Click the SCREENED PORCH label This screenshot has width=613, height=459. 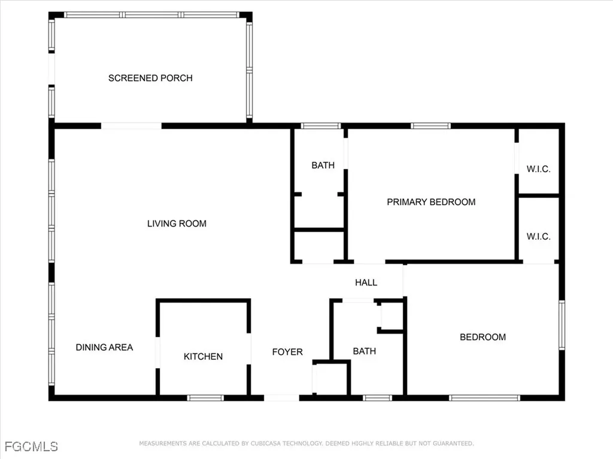tap(150, 78)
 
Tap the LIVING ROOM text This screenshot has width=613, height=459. tap(177, 224)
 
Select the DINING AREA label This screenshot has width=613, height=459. tap(104, 347)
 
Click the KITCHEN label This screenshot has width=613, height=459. tap(203, 356)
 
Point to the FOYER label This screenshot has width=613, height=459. tap(287, 352)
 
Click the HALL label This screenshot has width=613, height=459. tap(366, 282)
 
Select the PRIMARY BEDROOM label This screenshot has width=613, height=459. tap(431, 202)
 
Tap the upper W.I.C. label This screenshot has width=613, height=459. tap(538, 169)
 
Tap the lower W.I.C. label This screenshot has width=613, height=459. tap(538, 237)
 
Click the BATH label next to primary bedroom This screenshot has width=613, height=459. tap(323, 165)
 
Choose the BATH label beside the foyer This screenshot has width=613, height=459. tap(364, 351)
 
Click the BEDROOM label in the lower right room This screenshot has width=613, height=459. tap(482, 337)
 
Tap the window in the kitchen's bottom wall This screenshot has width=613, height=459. tap(205, 397)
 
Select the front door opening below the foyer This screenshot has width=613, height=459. tap(281, 397)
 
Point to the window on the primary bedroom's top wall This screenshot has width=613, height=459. tap(430, 126)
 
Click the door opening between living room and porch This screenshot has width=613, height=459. tap(131, 126)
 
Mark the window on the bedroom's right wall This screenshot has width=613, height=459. tap(562, 325)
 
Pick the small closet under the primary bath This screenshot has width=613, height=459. tap(318, 246)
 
